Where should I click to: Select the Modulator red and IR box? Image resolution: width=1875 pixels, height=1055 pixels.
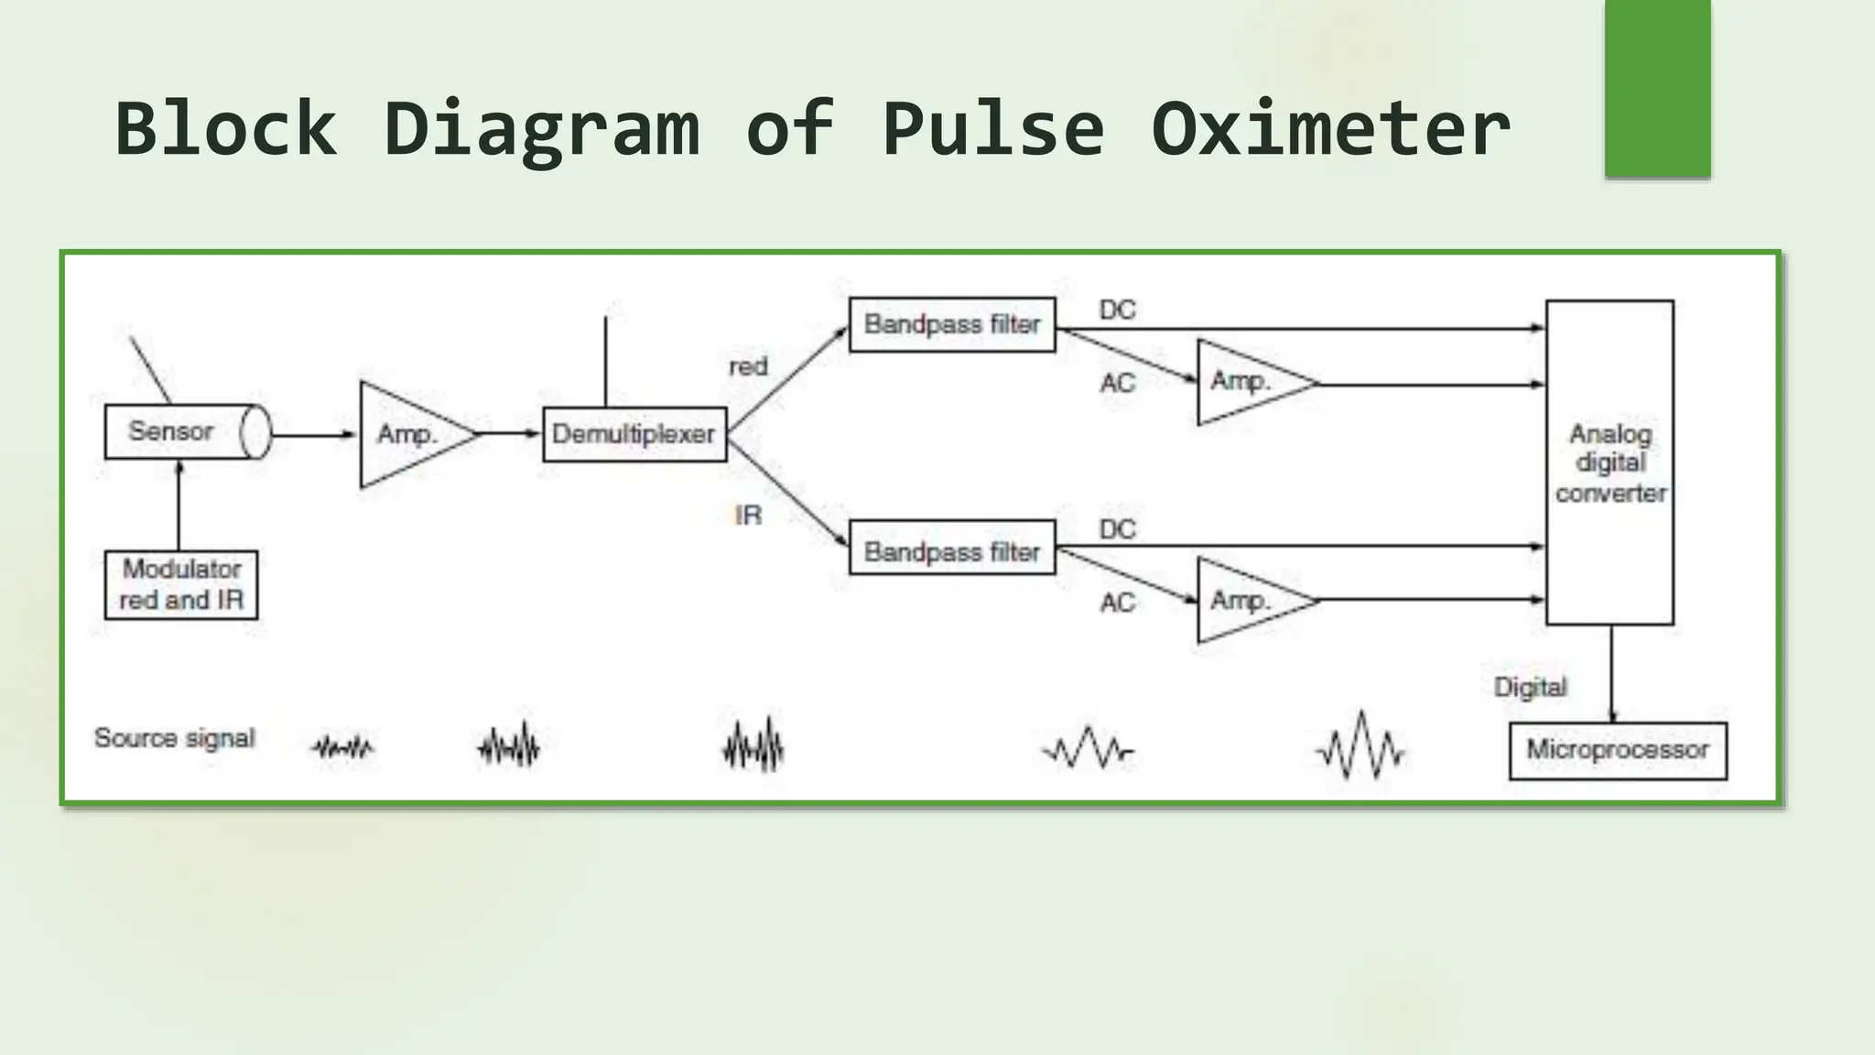[181, 584]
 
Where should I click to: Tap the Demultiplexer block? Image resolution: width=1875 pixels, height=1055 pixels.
[634, 434]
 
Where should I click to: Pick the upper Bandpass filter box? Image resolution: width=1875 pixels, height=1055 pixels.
[951, 324]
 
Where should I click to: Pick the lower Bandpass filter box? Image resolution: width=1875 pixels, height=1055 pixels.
[951, 551]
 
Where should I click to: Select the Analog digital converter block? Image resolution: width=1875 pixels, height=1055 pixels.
[1609, 462]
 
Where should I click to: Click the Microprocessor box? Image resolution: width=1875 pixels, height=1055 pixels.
[1617, 750]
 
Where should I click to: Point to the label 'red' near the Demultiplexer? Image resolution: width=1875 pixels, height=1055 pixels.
[747, 366]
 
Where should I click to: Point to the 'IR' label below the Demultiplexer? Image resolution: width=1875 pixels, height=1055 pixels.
[747, 516]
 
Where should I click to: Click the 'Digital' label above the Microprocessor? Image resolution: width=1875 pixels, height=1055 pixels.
[1530, 687]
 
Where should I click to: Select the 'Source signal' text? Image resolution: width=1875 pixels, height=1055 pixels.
[174, 738]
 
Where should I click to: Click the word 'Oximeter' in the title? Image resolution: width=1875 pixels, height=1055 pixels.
[1329, 128]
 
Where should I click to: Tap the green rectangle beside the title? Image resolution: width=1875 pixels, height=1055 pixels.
[1657, 88]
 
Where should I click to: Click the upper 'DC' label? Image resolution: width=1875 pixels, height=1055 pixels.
[1117, 310]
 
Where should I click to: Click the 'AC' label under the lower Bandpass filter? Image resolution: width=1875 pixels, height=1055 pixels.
[1117, 603]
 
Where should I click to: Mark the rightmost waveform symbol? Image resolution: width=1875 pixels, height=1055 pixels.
[1360, 746]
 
